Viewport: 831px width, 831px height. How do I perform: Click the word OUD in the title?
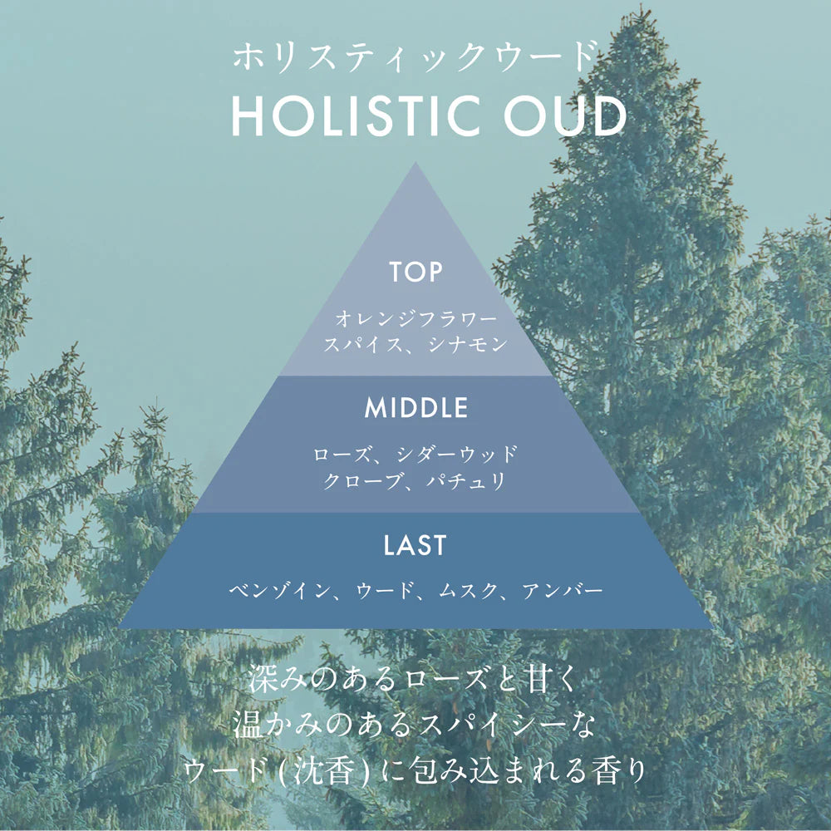pos(565,116)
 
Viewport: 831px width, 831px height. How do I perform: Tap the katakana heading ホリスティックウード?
pos(415,57)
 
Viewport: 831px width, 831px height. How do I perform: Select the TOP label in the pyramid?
pos(415,272)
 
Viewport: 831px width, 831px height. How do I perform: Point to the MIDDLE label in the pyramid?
pos(416,407)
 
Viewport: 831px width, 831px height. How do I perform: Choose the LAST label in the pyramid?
pos(415,545)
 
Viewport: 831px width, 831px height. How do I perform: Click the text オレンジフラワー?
pos(416,319)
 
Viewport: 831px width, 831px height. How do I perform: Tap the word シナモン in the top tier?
pos(468,345)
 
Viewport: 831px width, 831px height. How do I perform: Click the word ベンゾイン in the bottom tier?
pos(279,590)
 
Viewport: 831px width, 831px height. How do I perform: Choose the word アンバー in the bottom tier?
pos(563,590)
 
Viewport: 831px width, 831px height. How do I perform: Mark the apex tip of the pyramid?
pos(416,163)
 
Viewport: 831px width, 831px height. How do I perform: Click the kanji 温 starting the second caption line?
pos(248,725)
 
